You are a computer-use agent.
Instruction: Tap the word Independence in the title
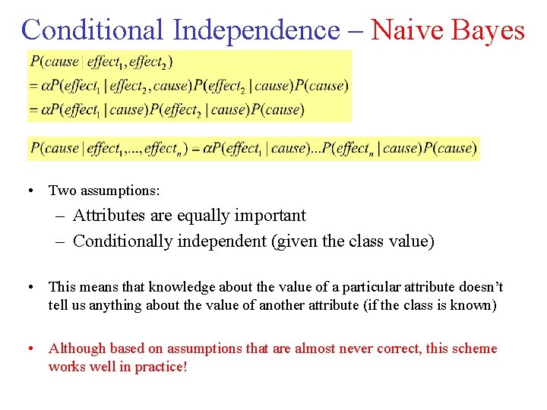(255, 30)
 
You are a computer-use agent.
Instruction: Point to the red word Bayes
(489, 30)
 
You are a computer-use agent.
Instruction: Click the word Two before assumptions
(61, 190)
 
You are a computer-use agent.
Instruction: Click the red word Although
(77, 348)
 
